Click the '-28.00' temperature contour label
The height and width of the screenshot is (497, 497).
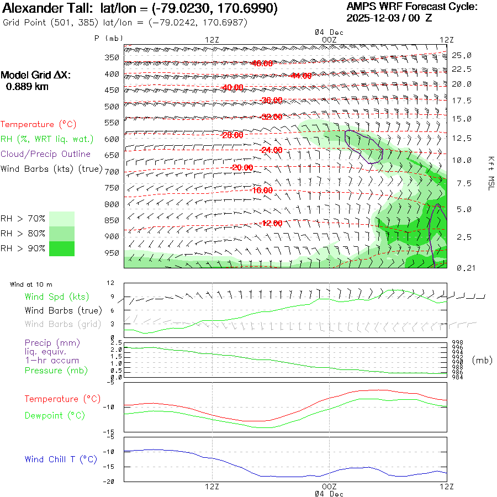232,135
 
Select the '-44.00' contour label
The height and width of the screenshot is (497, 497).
300,76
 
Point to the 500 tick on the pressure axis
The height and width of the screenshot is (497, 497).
112,106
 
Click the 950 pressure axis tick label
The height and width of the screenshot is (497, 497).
112,253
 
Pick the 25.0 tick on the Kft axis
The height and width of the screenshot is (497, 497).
462,55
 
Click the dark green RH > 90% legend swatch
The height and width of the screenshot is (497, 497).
61,248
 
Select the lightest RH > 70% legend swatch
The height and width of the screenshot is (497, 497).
61,219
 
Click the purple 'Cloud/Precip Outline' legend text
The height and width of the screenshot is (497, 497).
45,154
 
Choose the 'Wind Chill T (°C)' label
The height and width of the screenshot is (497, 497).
61,459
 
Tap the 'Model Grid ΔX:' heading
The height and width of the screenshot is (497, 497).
36,75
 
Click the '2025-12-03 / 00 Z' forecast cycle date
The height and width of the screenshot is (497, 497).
389,18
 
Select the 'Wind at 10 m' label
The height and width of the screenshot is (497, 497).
31,285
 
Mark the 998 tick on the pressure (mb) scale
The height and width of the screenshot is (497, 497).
457,342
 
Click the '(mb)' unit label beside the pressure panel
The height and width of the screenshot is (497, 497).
482,360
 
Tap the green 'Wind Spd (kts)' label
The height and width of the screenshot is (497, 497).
56,297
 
